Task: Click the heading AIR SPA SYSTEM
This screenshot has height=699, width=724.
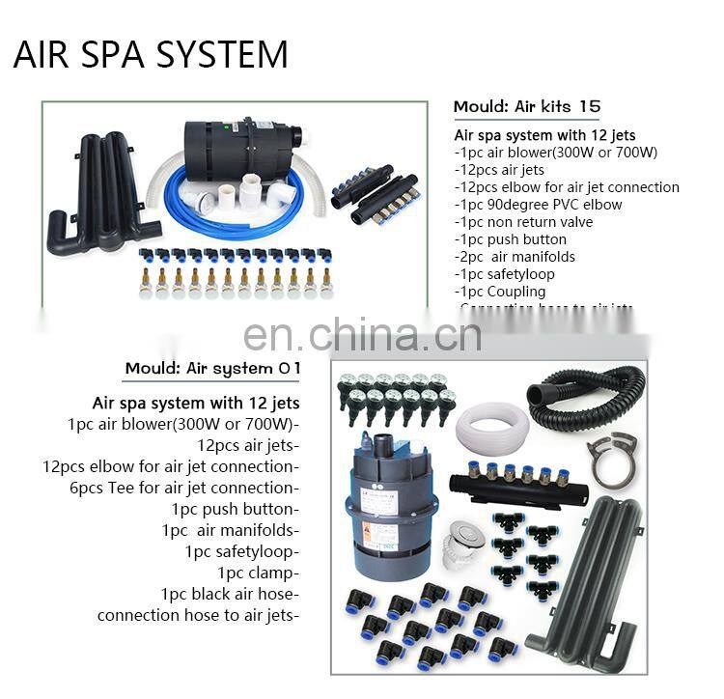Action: point(151,54)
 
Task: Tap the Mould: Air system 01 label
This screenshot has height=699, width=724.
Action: point(213,368)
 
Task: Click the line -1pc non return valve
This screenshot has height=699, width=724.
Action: point(523,222)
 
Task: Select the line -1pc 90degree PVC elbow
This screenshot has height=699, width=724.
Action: point(538,205)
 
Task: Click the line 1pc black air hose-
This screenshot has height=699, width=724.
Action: point(230,594)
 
